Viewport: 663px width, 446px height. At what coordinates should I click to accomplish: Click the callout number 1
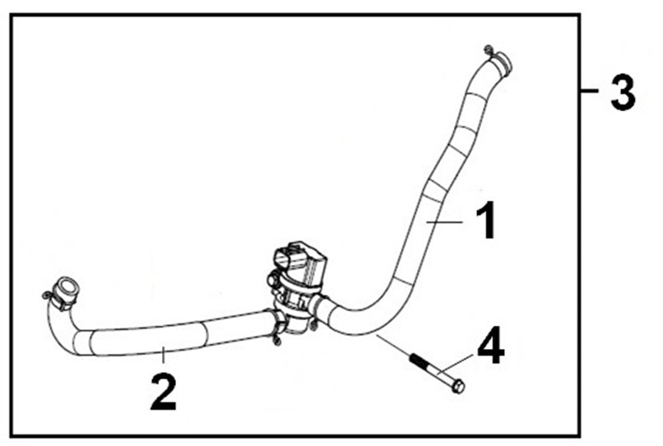[x=486, y=221]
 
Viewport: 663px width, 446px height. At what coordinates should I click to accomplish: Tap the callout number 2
[x=164, y=393]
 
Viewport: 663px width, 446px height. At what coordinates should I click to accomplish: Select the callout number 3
[x=623, y=93]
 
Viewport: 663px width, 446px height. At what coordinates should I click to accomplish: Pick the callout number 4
[x=491, y=345]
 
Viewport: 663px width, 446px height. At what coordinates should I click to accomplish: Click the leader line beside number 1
[x=444, y=221]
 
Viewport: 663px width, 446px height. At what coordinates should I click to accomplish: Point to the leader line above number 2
[x=163, y=355]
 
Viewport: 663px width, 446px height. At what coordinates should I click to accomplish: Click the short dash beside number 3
[x=589, y=91]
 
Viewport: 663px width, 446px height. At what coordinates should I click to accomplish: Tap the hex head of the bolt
[x=458, y=386]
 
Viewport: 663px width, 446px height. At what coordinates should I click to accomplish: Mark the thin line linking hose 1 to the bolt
[x=392, y=345]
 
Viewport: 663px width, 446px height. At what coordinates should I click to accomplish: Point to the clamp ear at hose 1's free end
[x=489, y=50]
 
